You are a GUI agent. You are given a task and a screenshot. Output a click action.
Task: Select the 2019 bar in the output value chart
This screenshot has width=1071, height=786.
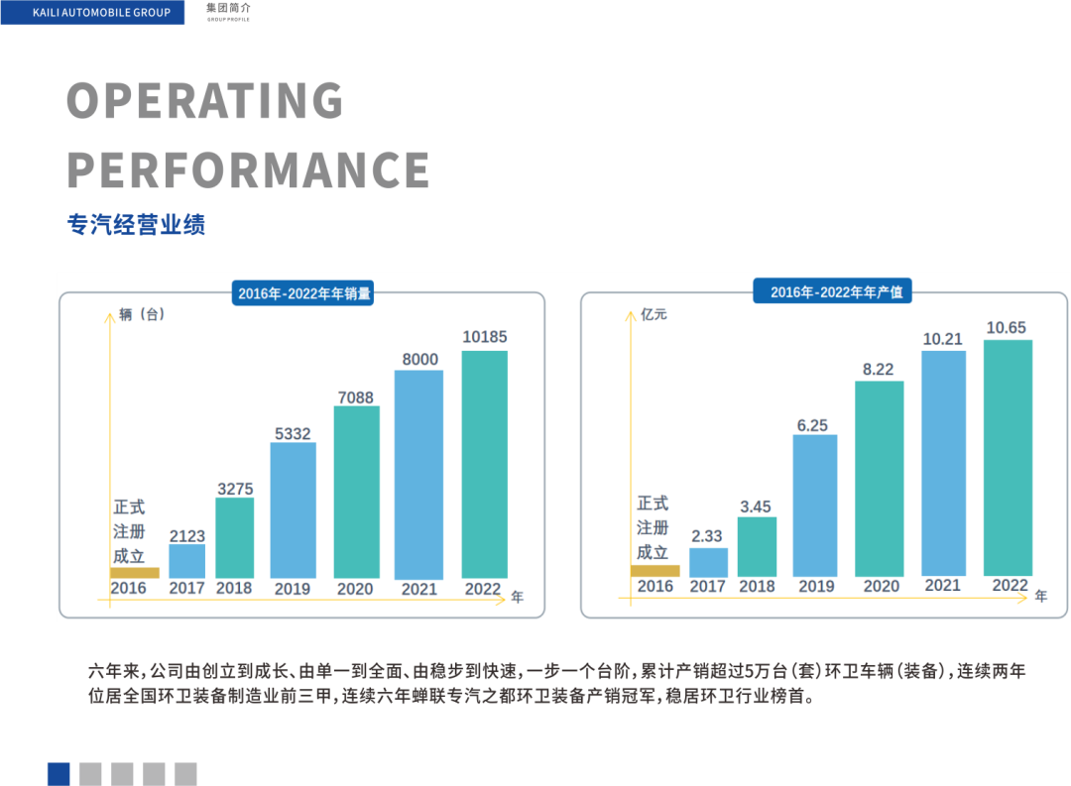[x=815, y=505]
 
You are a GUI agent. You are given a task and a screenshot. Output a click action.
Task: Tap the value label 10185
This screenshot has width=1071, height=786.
[x=484, y=337]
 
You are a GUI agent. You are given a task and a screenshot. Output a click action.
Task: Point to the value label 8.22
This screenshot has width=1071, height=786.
[x=878, y=370]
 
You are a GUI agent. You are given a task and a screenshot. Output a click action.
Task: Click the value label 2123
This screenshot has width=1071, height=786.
[x=187, y=536]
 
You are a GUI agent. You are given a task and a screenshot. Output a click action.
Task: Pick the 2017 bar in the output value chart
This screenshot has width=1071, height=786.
[x=708, y=562]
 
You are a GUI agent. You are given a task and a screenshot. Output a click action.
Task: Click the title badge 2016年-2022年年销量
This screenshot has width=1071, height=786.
[x=303, y=293]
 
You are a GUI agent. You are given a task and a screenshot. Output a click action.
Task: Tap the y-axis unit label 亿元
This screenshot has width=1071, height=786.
[x=654, y=315]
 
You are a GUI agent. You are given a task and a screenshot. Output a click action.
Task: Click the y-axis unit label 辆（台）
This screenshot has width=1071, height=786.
[x=142, y=315]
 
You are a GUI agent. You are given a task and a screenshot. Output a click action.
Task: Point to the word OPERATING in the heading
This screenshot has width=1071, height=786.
[x=205, y=101]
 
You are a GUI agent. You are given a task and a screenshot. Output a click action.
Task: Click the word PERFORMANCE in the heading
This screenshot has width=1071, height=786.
[x=248, y=169]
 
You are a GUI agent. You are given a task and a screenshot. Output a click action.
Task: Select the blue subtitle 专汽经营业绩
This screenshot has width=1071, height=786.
[x=136, y=224]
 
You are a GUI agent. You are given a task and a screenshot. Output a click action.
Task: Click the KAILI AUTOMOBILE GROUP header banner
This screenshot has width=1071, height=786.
[x=92, y=13]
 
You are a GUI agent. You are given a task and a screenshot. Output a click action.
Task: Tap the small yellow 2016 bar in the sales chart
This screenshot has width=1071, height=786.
[x=134, y=572]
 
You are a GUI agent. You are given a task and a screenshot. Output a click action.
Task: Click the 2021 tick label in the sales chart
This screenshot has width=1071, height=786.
[x=418, y=589]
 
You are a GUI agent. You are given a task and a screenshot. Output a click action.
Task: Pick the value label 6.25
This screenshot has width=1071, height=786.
[x=812, y=425]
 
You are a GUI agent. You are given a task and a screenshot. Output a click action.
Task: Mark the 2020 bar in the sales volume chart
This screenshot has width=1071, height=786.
[x=356, y=492]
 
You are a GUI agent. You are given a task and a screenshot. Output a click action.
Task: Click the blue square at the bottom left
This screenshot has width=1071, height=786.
[x=59, y=774]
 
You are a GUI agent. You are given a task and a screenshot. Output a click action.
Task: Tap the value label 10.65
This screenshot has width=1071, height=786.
[x=1006, y=328]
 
